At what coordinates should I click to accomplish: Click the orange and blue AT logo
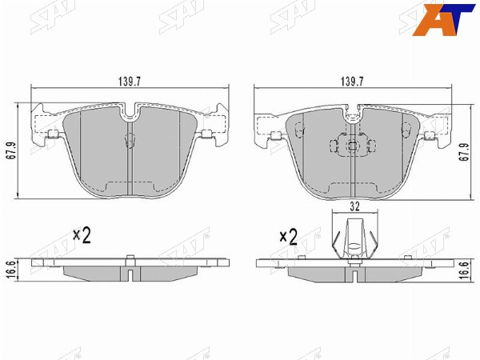coord(443,19)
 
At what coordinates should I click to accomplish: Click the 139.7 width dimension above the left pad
coord(130,82)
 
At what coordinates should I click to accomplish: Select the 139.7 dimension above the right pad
coord(352,82)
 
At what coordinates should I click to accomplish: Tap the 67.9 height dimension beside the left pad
coord(12,150)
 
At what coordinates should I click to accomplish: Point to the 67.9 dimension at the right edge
coord(466,151)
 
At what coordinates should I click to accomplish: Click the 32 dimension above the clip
coord(354,206)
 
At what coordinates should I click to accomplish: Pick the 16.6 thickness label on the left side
coord(10,270)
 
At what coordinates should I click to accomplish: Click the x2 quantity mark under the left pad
coord(82,235)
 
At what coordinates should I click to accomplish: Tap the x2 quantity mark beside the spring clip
coord(289,237)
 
